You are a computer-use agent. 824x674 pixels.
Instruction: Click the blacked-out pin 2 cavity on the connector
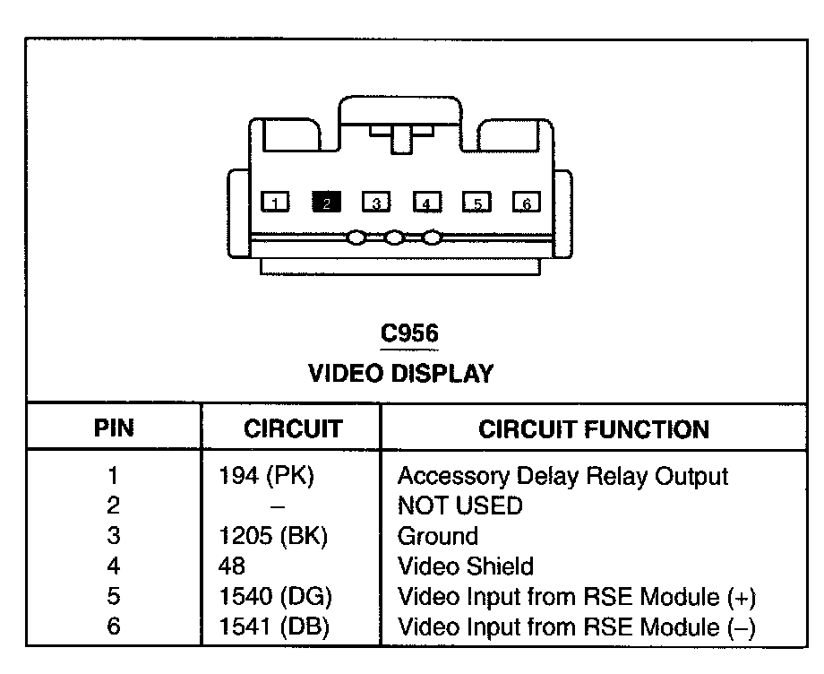(x=326, y=203)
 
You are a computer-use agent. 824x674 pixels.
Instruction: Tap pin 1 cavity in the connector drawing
(x=276, y=203)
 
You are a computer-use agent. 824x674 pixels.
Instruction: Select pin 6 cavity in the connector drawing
(x=527, y=203)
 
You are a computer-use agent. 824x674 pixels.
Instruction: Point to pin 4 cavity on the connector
(x=426, y=203)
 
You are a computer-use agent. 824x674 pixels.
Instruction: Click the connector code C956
(x=409, y=334)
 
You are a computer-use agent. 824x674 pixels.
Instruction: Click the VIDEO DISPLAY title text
(x=400, y=374)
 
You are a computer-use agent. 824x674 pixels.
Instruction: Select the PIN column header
(x=114, y=428)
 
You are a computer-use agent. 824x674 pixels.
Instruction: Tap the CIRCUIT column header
(x=292, y=428)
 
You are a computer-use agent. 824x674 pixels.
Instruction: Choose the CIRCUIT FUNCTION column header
(x=594, y=428)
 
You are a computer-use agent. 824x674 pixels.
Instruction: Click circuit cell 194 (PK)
(x=266, y=476)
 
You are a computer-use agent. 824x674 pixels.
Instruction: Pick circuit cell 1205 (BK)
(x=274, y=536)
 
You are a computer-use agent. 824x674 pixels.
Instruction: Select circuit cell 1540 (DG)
(x=274, y=596)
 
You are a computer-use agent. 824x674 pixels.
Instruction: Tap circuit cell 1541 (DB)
(x=274, y=626)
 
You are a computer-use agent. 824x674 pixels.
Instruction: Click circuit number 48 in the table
(x=232, y=566)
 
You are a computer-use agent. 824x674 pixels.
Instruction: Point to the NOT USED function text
(x=459, y=506)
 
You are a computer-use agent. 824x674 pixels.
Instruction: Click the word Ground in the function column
(x=437, y=536)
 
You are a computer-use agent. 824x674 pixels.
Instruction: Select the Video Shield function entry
(x=465, y=566)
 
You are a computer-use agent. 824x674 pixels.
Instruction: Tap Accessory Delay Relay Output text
(x=562, y=476)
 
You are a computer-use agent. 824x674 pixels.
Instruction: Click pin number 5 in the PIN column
(x=114, y=596)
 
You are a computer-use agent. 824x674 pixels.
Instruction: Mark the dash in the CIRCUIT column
(x=278, y=506)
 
